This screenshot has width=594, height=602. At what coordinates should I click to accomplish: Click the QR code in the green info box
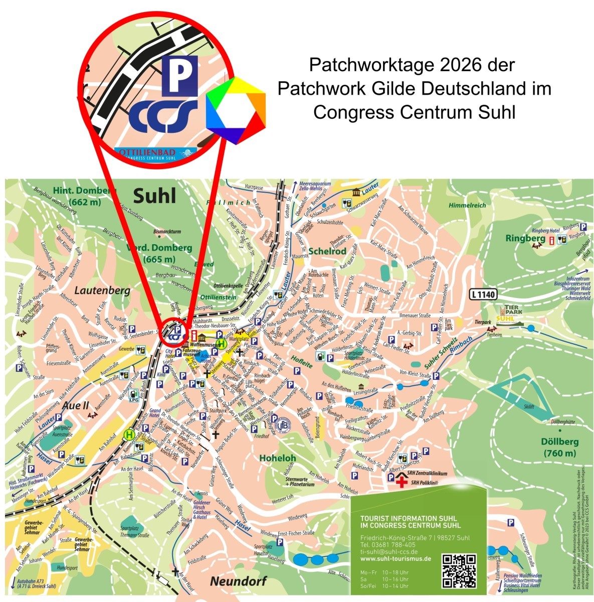pyautogui.click(x=459, y=570)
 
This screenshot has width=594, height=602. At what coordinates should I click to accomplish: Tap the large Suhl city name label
pyautogui.click(x=154, y=196)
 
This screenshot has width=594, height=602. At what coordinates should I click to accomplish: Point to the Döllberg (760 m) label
pyautogui.click(x=559, y=447)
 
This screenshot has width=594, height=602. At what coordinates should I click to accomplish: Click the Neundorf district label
pyautogui.click(x=238, y=581)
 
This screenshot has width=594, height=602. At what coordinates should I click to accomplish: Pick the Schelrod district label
pyautogui.click(x=327, y=251)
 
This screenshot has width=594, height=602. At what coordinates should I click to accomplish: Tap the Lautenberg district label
pyautogui.click(x=95, y=290)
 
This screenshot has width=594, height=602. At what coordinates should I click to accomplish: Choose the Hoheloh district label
pyautogui.click(x=277, y=458)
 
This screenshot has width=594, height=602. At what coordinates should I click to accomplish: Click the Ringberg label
pyautogui.click(x=525, y=238)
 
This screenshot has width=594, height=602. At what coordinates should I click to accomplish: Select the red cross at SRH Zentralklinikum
pyautogui.click(x=401, y=483)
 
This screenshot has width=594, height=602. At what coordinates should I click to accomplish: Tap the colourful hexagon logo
pyautogui.click(x=236, y=110)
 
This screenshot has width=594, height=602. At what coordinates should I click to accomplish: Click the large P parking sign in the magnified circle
pyautogui.click(x=180, y=74)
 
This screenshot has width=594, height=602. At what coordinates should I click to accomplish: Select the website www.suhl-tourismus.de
pyautogui.click(x=395, y=558)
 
